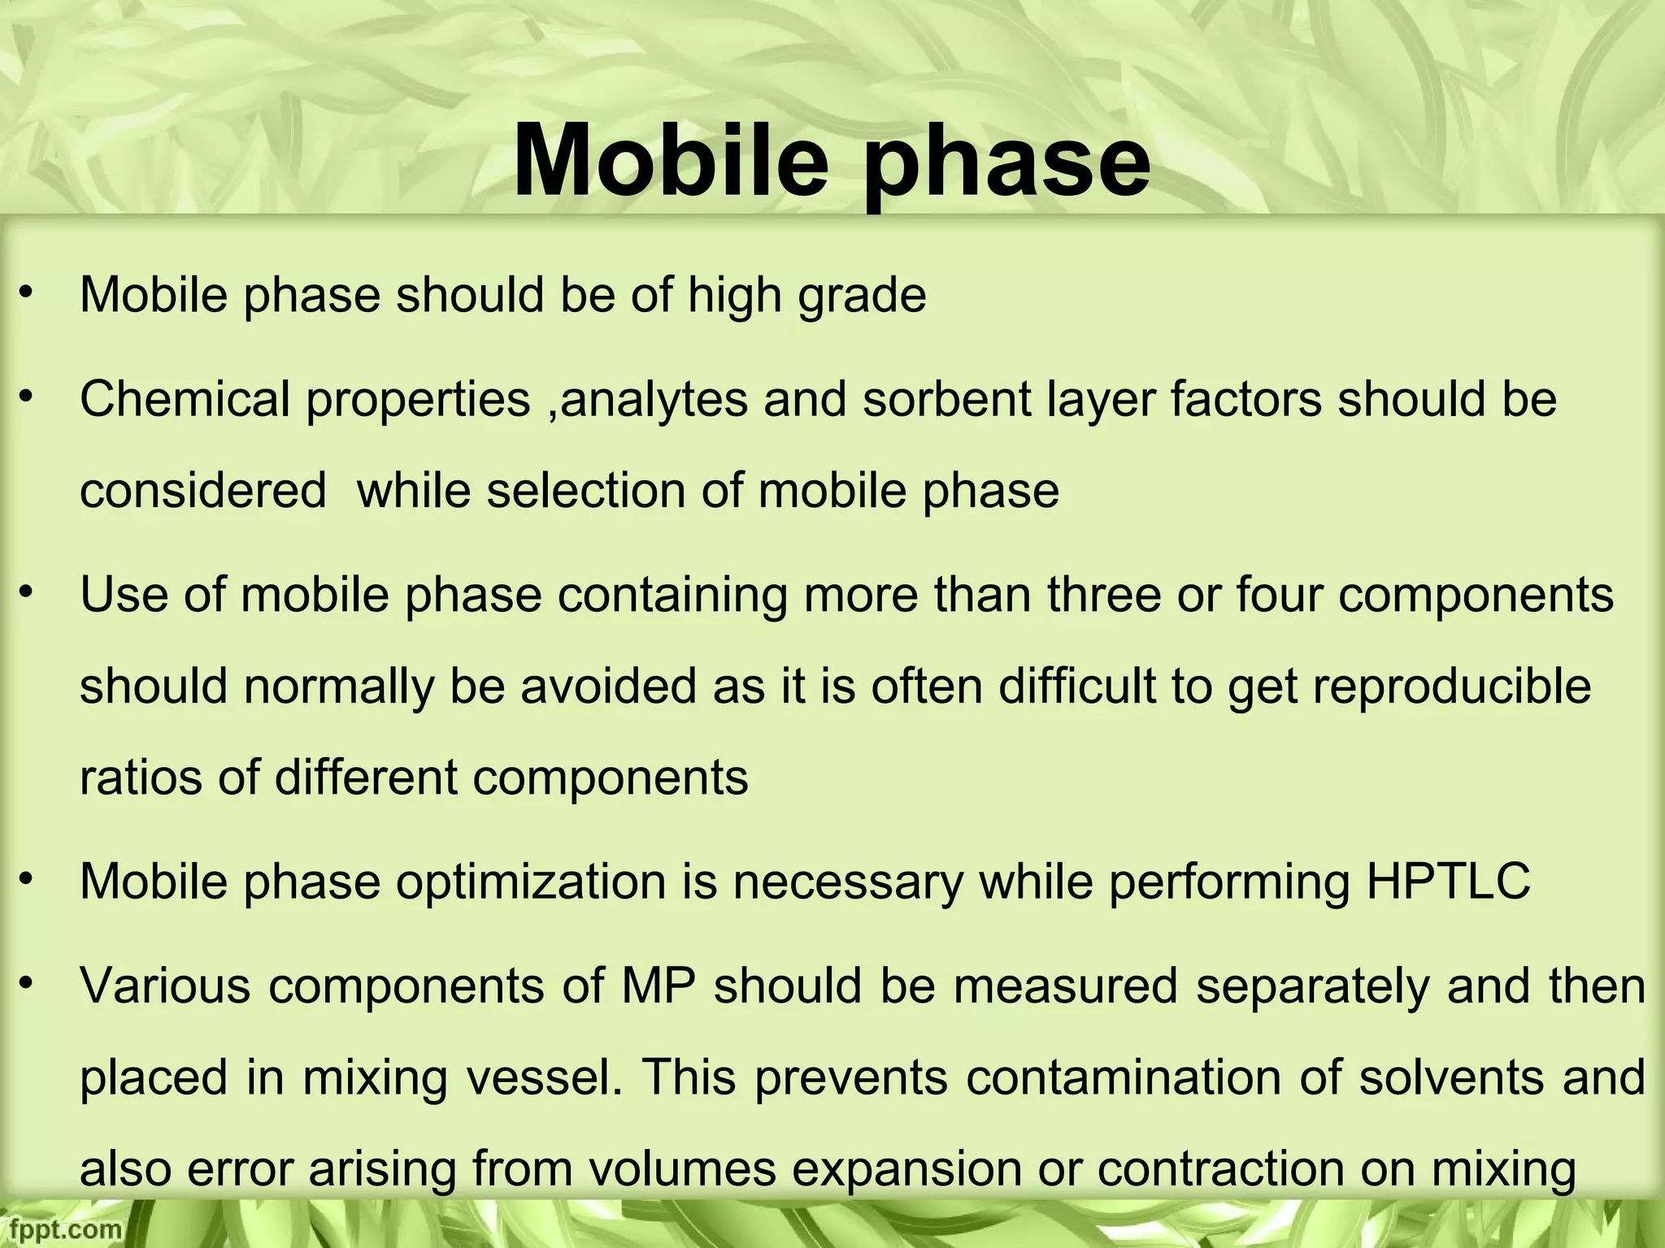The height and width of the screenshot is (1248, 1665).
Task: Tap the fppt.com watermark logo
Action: click(x=61, y=1228)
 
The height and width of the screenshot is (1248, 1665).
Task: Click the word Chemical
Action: click(x=185, y=400)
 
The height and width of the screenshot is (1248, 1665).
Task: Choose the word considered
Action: click(x=203, y=491)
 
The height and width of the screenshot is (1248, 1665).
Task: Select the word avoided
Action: click(x=608, y=686)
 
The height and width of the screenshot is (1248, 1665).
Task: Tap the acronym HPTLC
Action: click(x=1448, y=882)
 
